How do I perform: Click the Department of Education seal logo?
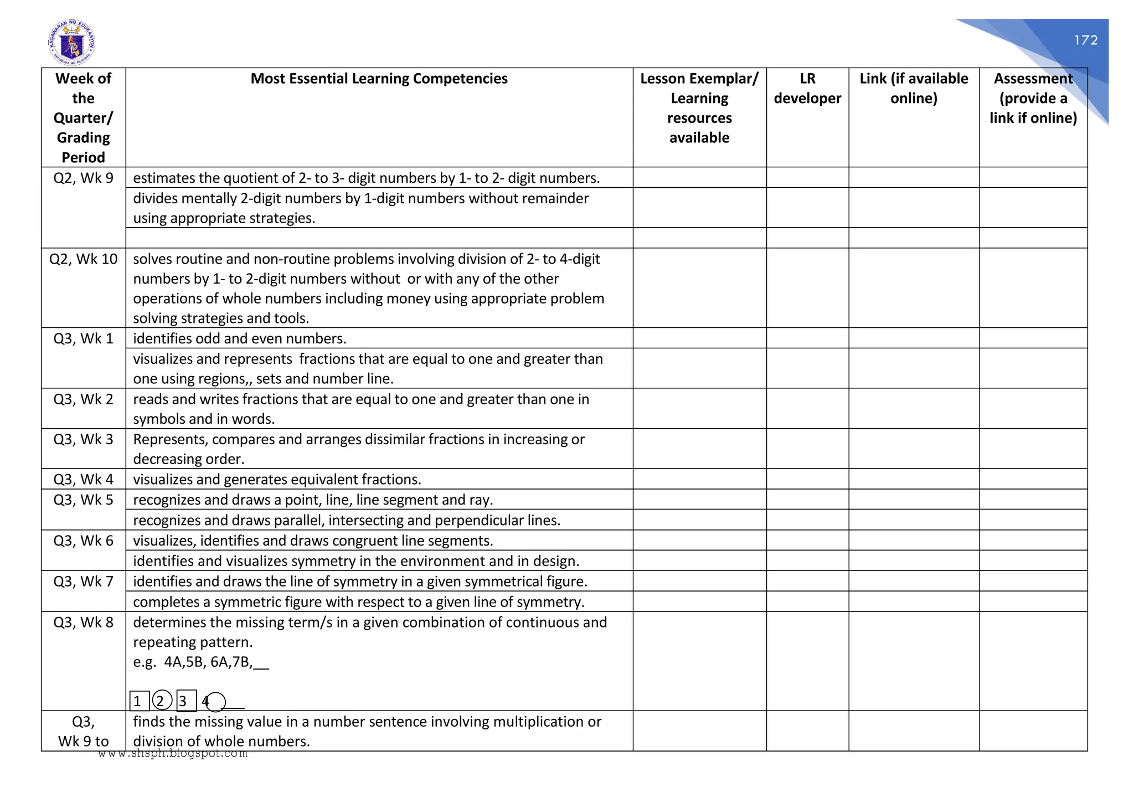click(71, 43)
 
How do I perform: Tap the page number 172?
click(1085, 40)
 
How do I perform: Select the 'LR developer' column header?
click(807, 89)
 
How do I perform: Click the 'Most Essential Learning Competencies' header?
click(379, 79)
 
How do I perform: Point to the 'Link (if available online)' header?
click(914, 89)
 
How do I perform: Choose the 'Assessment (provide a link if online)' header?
click(1033, 98)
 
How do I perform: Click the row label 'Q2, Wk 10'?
click(83, 259)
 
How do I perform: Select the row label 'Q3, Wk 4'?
click(83, 479)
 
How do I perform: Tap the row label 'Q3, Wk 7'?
click(83, 582)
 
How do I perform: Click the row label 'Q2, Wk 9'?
click(83, 178)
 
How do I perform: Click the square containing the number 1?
click(138, 701)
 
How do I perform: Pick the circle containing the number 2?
click(162, 701)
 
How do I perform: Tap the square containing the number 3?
click(185, 701)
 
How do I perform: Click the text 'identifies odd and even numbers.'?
click(239, 338)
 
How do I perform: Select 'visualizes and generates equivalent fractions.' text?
click(277, 479)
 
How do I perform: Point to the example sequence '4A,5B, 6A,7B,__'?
click(216, 662)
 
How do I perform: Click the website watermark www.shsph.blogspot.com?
click(173, 754)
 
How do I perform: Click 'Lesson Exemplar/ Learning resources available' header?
click(699, 108)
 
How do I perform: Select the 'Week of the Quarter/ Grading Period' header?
click(83, 117)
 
